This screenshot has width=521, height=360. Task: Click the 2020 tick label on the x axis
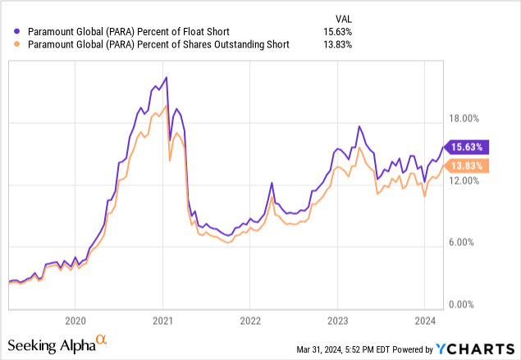coord(75,320)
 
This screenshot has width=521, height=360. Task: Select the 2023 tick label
coord(338,320)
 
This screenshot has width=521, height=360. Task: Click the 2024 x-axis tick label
coord(425,320)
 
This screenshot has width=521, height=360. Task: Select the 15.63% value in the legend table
coord(337,31)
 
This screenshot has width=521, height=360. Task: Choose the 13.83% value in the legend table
coord(337,44)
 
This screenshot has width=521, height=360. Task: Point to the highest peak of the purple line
coord(167,77)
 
